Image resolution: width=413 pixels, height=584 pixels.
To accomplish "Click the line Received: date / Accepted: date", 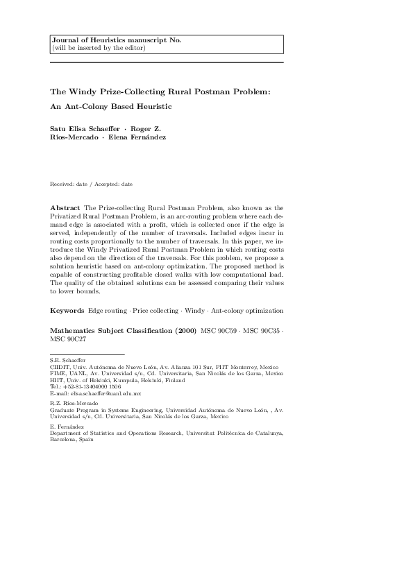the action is point(92,184).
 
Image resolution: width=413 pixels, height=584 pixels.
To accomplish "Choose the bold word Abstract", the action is point(65,207).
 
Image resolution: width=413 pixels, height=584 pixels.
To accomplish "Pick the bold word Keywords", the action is point(67,307).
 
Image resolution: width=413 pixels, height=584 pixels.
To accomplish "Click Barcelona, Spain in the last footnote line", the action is point(71,440).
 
